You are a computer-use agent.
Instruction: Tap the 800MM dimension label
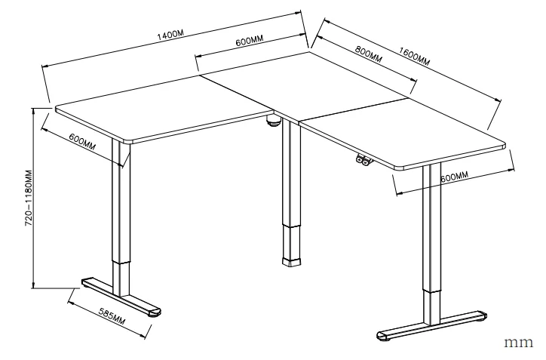367,55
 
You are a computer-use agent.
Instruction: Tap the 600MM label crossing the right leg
454,177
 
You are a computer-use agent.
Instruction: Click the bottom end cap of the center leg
290,261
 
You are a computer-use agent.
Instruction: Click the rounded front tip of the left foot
154,310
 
